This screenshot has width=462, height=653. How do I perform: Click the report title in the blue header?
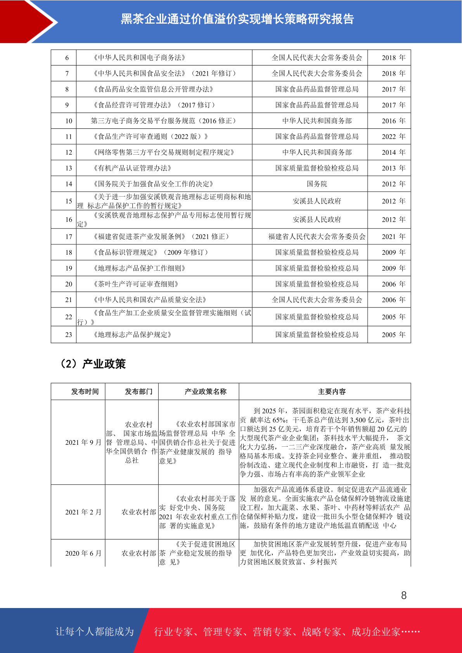pyautogui.click(x=237, y=19)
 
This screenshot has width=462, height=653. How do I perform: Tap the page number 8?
pyautogui.click(x=404, y=595)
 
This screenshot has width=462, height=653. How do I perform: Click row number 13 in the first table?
pyautogui.click(x=69, y=168)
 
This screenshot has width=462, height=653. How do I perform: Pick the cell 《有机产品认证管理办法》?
pyautogui.click(x=132, y=168)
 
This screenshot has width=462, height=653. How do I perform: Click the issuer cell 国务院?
pyautogui.click(x=317, y=184)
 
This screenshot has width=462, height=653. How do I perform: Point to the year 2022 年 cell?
pyautogui.click(x=393, y=136)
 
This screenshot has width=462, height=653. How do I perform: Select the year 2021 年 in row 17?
pyautogui.click(x=393, y=237)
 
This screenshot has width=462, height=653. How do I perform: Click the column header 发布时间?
pyautogui.click(x=85, y=392)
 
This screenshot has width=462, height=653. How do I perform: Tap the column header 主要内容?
pyautogui.click(x=332, y=392)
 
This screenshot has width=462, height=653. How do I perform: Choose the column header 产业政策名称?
pyautogui.click(x=206, y=392)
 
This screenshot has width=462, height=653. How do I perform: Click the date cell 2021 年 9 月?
pyautogui.click(x=83, y=442)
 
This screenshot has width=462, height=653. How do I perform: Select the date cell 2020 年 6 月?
pyautogui.click(x=83, y=553)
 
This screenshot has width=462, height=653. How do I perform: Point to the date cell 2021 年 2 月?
pyautogui.click(x=83, y=512)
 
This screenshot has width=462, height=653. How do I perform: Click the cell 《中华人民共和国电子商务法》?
pyautogui.click(x=139, y=58)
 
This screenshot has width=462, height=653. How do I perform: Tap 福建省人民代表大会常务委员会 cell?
pyautogui.click(x=317, y=237)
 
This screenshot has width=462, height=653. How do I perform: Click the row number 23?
pyautogui.click(x=69, y=335)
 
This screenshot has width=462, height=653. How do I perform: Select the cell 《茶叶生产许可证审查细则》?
pyautogui.click(x=136, y=284)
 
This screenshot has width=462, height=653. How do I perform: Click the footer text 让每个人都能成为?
pyautogui.click(x=95, y=632)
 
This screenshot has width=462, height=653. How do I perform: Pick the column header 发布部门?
pyautogui.click(x=138, y=392)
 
